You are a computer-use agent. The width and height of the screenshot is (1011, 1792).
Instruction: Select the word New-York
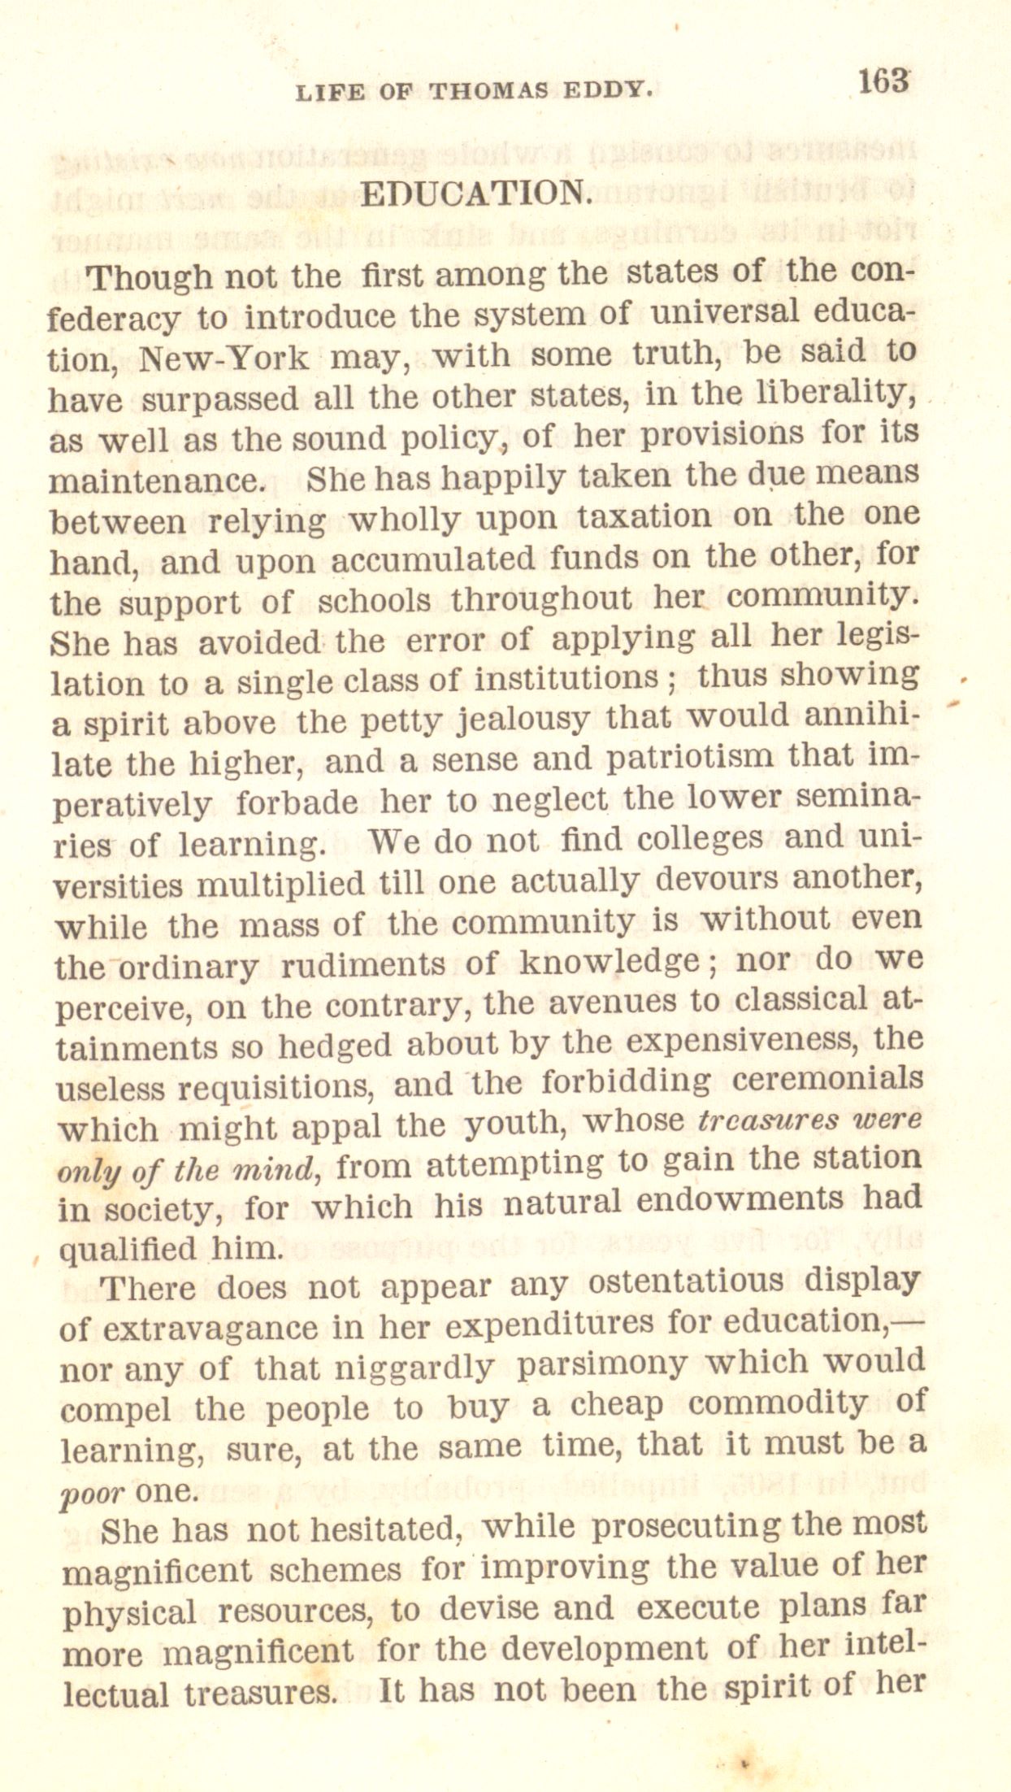223,358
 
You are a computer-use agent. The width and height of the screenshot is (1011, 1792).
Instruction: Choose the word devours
716,879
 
